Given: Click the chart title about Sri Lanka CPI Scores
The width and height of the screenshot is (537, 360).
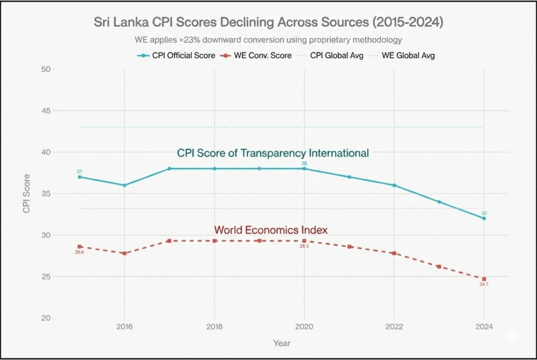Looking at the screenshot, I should [x=268, y=23].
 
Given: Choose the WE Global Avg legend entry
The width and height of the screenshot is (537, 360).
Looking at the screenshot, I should [x=407, y=55].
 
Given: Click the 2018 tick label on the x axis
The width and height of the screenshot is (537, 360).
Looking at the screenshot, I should [x=214, y=327].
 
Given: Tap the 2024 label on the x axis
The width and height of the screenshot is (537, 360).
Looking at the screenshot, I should [x=484, y=327].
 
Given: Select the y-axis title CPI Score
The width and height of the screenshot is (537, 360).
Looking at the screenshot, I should [x=26, y=194].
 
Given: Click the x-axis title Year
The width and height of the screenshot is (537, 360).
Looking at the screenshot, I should [x=281, y=344].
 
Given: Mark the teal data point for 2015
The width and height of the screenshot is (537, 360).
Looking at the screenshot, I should [x=80, y=177].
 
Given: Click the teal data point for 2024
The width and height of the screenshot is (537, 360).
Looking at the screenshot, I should [x=484, y=218].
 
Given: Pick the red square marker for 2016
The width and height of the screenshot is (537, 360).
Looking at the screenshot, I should [x=124, y=253].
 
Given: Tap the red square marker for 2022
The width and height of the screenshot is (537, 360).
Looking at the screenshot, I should [x=394, y=253].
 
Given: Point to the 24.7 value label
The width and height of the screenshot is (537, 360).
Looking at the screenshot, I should [x=484, y=285].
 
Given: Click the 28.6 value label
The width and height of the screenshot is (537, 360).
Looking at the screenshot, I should [x=79, y=252].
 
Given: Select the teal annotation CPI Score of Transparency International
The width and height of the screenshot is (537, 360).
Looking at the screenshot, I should [x=273, y=154].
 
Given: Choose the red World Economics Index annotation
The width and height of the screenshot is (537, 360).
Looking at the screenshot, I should [x=271, y=230].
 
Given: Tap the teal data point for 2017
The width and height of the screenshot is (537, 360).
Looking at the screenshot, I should [x=169, y=169].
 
